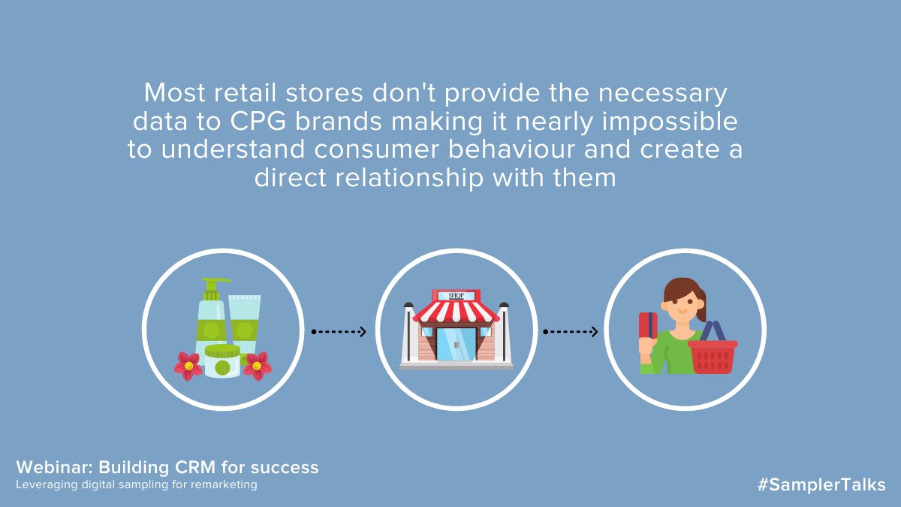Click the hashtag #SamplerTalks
tap(821, 484)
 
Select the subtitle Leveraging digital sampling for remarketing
tap(137, 485)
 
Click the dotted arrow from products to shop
tap(339, 331)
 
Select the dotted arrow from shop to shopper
tap(571, 331)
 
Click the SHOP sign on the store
tap(456, 295)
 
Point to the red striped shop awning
tap(456, 312)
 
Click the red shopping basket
tap(713, 355)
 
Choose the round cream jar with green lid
tap(222, 361)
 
